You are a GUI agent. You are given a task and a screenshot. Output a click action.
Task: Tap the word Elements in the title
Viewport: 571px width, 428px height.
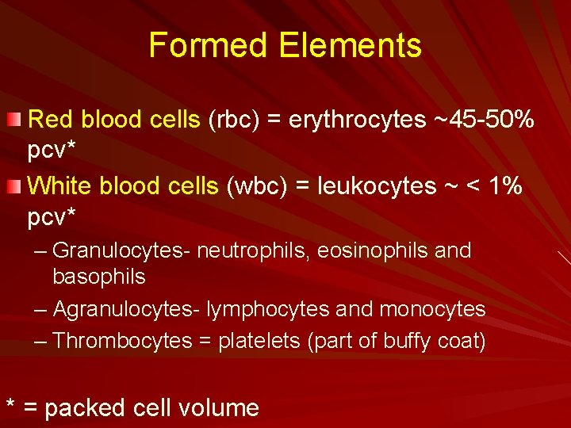[350, 45]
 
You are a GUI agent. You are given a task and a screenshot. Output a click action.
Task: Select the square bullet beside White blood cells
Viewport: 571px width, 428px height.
[13, 186]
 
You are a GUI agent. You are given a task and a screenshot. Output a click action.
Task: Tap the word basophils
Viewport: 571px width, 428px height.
[99, 277]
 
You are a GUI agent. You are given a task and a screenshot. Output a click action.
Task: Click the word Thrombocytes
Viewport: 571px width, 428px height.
[122, 341]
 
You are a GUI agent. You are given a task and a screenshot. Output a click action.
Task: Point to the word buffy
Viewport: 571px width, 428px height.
[409, 341]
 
